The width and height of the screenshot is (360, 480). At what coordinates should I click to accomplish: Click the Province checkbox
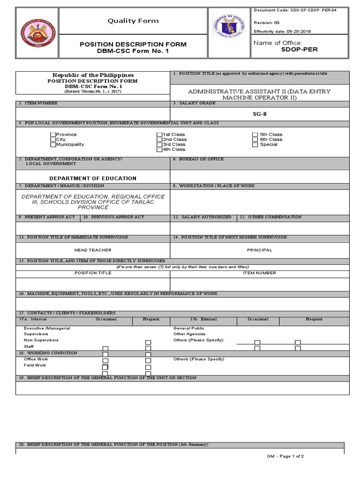click(53, 135)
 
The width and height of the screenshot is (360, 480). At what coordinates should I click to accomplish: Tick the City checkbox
click(53, 140)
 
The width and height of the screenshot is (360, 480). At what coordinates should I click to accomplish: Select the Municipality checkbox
click(53, 145)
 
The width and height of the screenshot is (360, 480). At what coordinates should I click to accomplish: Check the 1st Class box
click(159, 135)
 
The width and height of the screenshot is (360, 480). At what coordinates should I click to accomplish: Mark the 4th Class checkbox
click(159, 150)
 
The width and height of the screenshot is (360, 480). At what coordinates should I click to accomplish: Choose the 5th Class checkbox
click(255, 135)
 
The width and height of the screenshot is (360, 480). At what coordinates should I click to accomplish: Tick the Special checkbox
click(255, 144)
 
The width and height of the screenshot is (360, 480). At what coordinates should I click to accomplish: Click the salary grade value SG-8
click(259, 114)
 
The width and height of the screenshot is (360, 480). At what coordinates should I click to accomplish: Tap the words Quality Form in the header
click(133, 21)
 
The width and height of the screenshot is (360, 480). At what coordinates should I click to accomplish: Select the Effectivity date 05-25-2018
click(282, 31)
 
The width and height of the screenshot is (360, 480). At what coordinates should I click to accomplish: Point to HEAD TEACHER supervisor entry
click(93, 250)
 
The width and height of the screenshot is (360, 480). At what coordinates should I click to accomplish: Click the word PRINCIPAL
click(259, 250)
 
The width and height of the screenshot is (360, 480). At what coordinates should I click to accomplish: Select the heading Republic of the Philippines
click(93, 75)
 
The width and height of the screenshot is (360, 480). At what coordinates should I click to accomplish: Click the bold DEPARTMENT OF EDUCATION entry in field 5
click(93, 178)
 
